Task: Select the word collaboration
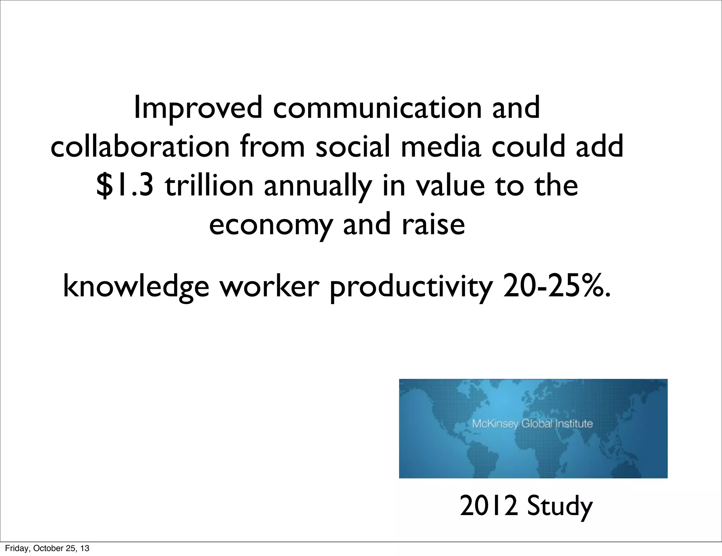click(x=140, y=147)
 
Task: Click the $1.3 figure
click(x=125, y=186)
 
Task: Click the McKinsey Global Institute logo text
click(x=532, y=423)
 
